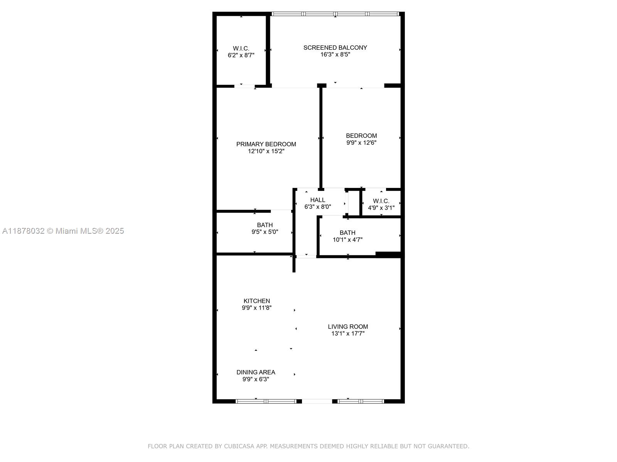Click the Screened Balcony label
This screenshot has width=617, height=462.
click(x=335, y=48)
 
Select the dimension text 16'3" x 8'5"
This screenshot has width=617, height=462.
click(x=335, y=55)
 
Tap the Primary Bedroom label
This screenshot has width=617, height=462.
click(x=266, y=144)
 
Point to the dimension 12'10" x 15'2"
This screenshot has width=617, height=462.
click(x=266, y=151)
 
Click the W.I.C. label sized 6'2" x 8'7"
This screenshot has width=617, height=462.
click(x=241, y=49)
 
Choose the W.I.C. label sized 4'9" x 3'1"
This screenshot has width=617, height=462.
click(x=381, y=201)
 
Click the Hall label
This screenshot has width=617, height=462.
click(x=318, y=200)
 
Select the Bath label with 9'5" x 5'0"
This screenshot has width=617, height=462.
click(x=265, y=225)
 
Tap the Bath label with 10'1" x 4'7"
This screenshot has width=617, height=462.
click(x=347, y=233)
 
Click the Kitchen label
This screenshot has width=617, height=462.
click(x=257, y=301)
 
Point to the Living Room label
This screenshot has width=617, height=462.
click(x=348, y=327)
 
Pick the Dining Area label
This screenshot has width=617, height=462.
click(x=256, y=372)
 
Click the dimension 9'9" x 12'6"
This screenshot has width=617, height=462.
click(x=361, y=143)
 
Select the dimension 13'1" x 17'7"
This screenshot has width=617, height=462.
click(x=348, y=334)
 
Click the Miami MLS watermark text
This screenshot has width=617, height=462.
click(x=63, y=231)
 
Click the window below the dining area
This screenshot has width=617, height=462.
click(x=266, y=401)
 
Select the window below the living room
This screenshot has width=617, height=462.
click(x=361, y=401)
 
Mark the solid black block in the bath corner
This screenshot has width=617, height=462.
click(x=389, y=254)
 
